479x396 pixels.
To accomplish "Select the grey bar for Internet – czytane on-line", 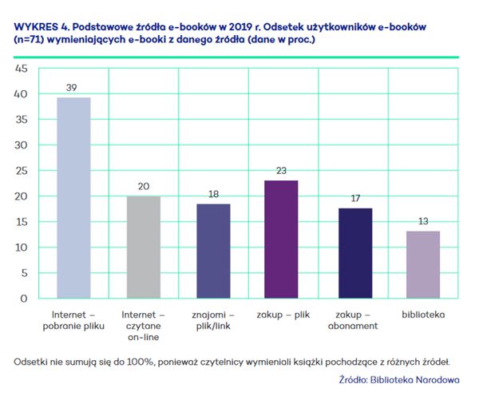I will tap(144, 247).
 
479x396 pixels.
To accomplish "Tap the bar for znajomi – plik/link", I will tap(215, 251).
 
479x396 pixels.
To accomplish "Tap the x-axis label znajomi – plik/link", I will tap(215, 320).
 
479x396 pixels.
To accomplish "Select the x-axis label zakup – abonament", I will tap(356, 320).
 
